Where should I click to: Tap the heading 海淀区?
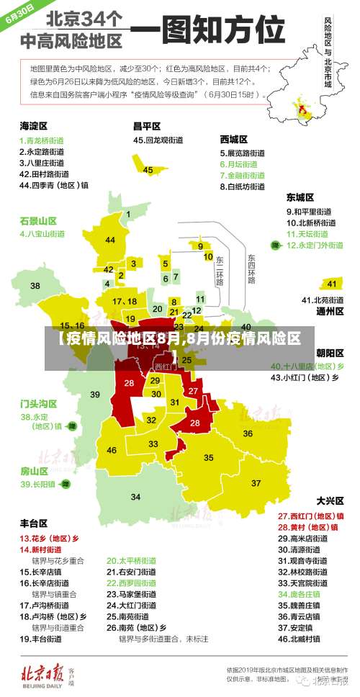(34, 125)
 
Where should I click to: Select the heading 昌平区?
(146, 125)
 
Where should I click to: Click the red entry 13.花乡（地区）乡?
(49, 538)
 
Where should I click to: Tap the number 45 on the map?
(148, 170)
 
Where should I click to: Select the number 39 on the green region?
(95, 394)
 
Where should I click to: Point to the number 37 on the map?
(256, 482)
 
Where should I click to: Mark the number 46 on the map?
(112, 450)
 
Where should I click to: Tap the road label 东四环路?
(251, 269)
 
